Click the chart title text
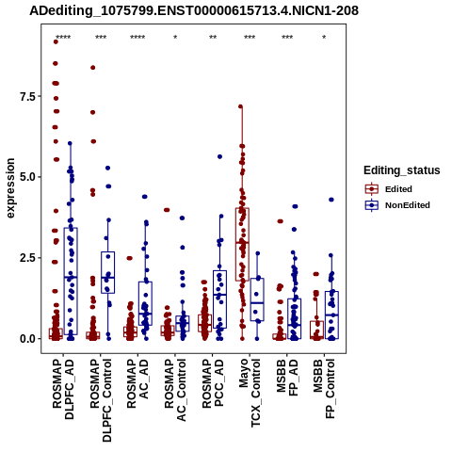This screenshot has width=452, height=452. click(194, 10)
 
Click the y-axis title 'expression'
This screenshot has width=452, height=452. click(10, 188)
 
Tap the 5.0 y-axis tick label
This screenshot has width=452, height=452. click(28, 177)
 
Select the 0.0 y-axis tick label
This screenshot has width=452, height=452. click(28, 339)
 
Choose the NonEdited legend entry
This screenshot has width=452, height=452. click(397, 205)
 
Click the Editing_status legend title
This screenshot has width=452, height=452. click(402, 170)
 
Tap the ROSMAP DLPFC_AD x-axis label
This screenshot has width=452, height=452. click(63, 389)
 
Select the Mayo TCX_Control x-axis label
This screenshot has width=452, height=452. click(250, 393)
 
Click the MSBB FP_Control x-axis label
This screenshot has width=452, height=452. click(324, 389)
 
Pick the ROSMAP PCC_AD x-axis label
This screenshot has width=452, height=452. click(213, 383)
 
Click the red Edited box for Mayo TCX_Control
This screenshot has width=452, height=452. click(242, 244)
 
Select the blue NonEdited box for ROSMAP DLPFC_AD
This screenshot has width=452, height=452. click(71, 282)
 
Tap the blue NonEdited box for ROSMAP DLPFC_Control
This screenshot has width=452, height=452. click(107, 272)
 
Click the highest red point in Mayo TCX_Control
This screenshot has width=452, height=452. click(241, 106)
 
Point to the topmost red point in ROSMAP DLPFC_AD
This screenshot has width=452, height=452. click(56, 41)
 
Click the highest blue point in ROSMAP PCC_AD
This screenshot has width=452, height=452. click(219, 156)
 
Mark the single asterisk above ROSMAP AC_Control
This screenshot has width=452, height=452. click(175, 38)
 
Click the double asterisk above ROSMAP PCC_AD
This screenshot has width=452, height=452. click(213, 38)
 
